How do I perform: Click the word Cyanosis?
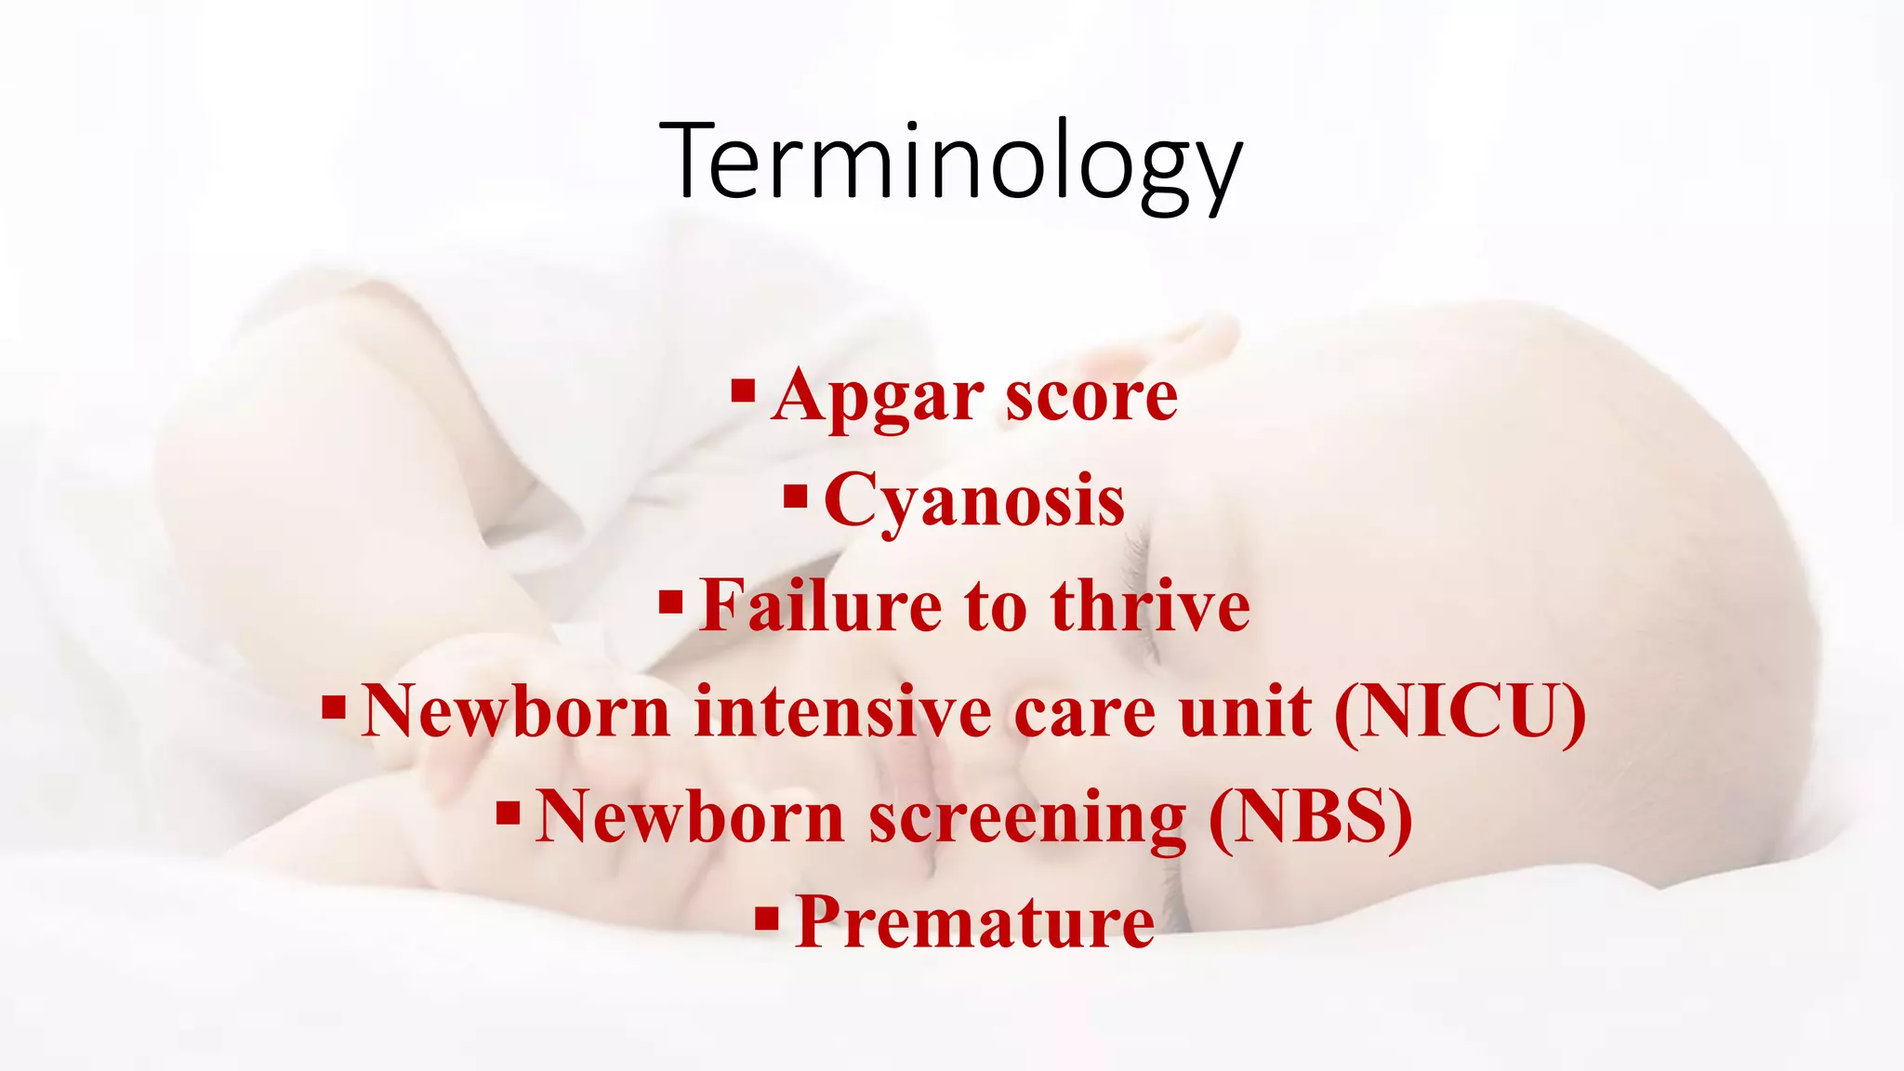(x=974, y=501)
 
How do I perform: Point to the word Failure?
(x=821, y=606)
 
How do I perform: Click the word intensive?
(x=842, y=712)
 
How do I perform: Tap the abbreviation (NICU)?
(x=1461, y=712)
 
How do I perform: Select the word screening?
(x=1027, y=817)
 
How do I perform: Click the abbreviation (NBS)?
(x=1311, y=817)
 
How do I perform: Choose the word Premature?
(x=975, y=922)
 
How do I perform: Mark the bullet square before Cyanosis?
(x=795, y=495)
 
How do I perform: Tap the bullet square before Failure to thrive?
(x=670, y=601)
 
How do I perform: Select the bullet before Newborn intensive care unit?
(x=334, y=707)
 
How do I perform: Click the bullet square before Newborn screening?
(x=508, y=813)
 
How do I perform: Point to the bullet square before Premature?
(x=766, y=919)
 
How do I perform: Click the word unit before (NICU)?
(x=1246, y=712)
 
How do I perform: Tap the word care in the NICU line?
(x=1085, y=712)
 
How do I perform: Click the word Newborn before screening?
(x=690, y=817)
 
